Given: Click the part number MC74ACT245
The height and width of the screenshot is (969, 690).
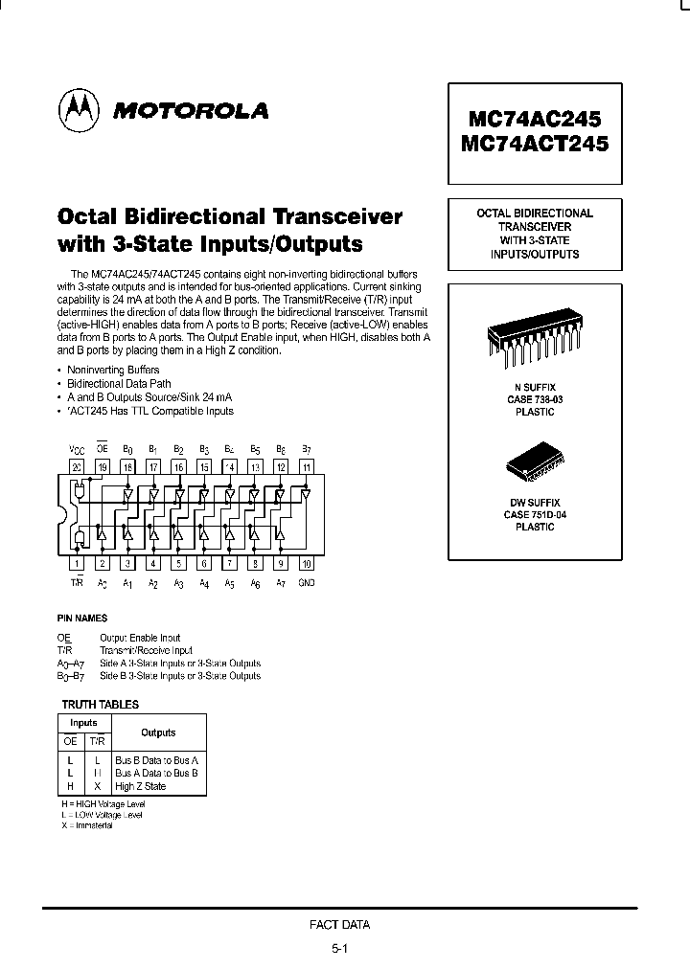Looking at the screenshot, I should click(534, 145).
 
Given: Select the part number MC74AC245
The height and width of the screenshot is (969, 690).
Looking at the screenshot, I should click(534, 119).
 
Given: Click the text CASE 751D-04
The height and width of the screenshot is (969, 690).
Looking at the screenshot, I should click(534, 514).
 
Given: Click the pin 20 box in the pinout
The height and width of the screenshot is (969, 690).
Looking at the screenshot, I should click(76, 466).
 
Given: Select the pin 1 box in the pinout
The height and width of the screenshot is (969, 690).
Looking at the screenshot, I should click(76, 564).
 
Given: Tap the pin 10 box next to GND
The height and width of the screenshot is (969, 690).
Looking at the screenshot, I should click(306, 564).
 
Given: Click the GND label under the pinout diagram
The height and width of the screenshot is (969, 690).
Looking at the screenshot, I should click(306, 582).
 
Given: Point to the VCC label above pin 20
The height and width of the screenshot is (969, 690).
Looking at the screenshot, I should click(76, 448).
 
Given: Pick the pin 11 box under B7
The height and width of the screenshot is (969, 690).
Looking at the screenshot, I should click(306, 466).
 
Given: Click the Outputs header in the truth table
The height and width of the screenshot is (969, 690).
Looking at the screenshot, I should click(158, 732).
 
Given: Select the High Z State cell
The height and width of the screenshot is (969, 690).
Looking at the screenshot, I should click(141, 786).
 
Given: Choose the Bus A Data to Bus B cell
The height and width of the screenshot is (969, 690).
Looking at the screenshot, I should click(156, 772).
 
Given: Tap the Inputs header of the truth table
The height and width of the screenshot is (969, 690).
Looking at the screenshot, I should click(84, 723).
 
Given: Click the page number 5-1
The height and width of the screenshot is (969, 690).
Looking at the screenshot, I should click(340, 948).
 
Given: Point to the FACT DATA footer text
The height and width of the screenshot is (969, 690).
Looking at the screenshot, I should click(340, 925).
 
